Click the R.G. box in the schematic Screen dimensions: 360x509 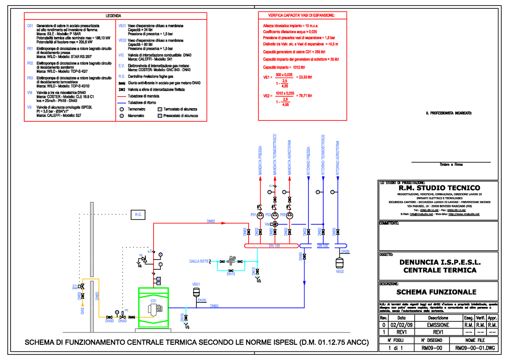click(x=138, y=215)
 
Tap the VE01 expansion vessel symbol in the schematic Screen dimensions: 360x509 click(x=196, y=292)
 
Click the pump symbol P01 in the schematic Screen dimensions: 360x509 click(x=260, y=215)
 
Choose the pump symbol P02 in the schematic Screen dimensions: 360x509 click(x=290, y=215)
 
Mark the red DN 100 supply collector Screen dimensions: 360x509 click(x=271, y=246)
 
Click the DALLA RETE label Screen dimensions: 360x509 click(x=199, y=262)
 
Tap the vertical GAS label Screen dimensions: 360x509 click(x=82, y=310)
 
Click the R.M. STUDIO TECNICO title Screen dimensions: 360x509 click(x=439, y=188)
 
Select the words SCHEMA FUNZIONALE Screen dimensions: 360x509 click(x=436, y=292)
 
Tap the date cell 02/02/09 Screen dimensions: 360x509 click(x=401, y=325)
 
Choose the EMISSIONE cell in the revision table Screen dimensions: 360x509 click(x=438, y=325)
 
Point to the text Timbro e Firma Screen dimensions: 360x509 click(x=450, y=165)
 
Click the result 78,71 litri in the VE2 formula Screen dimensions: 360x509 click(x=304, y=96)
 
